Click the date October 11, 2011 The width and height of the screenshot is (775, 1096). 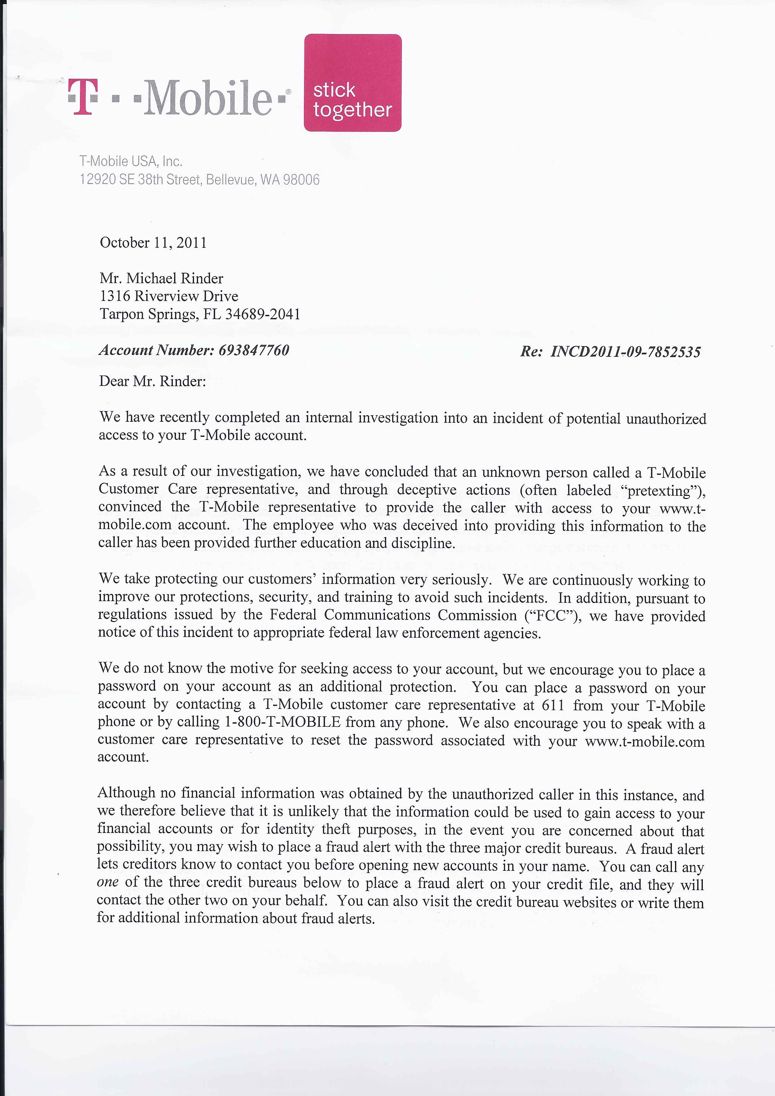pyautogui.click(x=153, y=243)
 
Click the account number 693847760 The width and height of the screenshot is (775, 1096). pyautogui.click(x=254, y=350)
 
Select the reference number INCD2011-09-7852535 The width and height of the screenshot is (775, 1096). pyautogui.click(x=626, y=352)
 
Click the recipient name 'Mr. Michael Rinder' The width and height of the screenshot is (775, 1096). pyautogui.click(x=161, y=279)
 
